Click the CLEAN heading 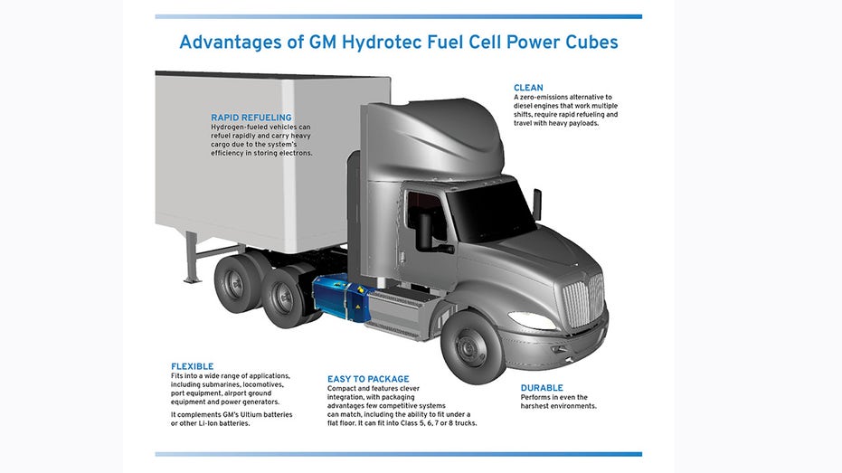click(x=528, y=88)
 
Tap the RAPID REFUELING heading click(x=251, y=118)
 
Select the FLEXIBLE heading click(x=193, y=366)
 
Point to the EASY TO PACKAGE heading click(x=368, y=379)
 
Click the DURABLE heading click(x=542, y=388)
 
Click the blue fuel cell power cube click(x=342, y=298)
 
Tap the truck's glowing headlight click(x=531, y=320)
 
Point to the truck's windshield click(x=490, y=211)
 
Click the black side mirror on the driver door click(x=425, y=232)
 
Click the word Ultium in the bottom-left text click(x=251, y=415)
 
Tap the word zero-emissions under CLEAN click(x=545, y=98)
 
